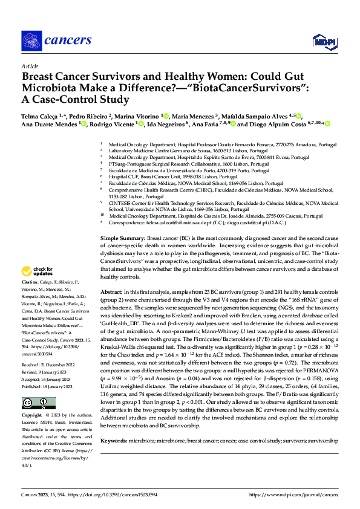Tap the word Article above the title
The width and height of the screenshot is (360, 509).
30,65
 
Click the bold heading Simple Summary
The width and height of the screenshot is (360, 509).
122,239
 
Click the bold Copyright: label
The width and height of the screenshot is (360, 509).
32,417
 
